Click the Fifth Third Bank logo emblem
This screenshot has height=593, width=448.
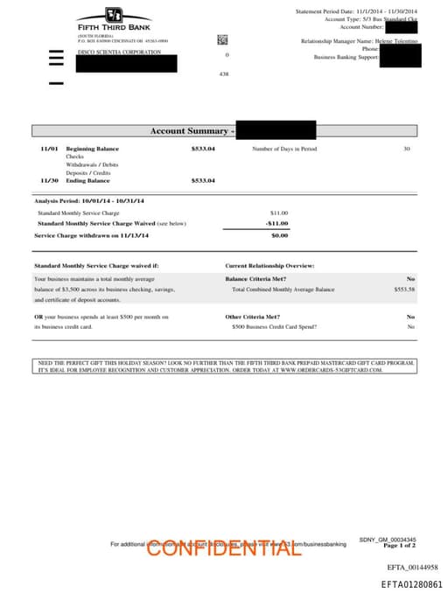click(x=114, y=14)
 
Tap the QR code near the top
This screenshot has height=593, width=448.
click(x=222, y=39)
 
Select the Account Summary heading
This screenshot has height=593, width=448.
click(x=192, y=131)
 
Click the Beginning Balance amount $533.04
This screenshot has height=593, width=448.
click(x=203, y=150)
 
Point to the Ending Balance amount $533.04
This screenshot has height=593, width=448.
click(x=203, y=180)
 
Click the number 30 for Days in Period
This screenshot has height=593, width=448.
click(x=406, y=150)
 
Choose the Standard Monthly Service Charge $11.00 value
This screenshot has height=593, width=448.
click(x=279, y=213)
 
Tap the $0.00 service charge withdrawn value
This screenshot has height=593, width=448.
click(x=279, y=235)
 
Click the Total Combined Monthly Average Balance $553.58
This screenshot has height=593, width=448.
click(x=404, y=289)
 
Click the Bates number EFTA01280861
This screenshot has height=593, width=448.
click(x=410, y=583)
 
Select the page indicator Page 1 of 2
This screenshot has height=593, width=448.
click(x=399, y=545)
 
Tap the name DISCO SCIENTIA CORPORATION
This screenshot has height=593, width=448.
click(x=119, y=52)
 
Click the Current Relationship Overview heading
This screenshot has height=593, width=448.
click(x=269, y=265)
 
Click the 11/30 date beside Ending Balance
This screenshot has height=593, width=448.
click(x=49, y=180)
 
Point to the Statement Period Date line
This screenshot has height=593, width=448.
click(x=356, y=11)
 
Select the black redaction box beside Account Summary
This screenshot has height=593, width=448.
click(x=276, y=130)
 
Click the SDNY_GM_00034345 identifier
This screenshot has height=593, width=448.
click(x=388, y=539)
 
